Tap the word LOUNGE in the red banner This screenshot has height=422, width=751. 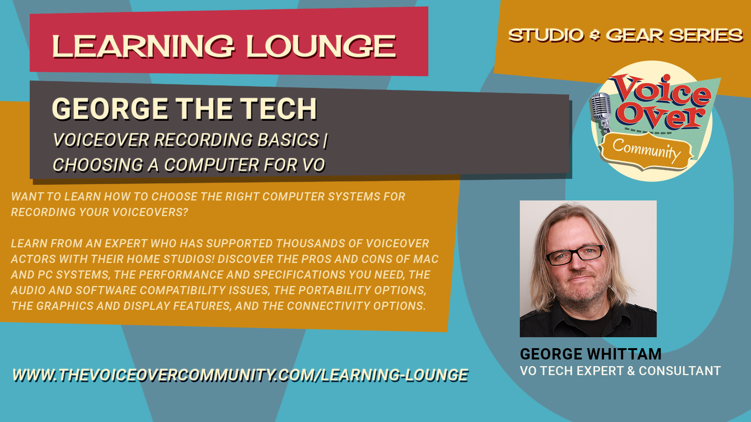321,46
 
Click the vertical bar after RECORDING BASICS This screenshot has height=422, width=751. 325,140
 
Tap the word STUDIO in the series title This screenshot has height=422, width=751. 546,35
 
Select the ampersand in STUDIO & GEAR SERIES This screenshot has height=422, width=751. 595,36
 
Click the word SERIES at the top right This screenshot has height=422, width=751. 706,35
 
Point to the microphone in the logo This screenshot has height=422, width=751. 601,111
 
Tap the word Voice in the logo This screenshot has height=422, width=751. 661,91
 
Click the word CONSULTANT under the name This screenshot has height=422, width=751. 680,371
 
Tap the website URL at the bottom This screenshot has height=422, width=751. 240,375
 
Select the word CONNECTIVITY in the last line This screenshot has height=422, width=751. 329,306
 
